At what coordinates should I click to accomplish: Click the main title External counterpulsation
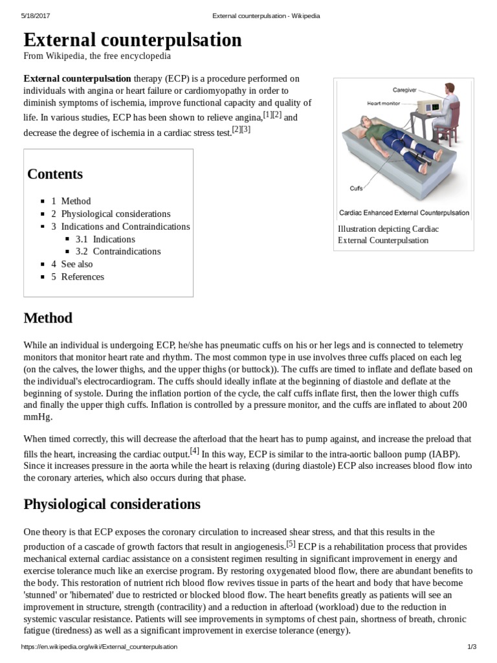click(x=133, y=40)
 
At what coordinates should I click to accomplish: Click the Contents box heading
click(x=55, y=174)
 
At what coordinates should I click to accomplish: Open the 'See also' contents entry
click(x=76, y=264)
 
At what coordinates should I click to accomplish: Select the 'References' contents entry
click(x=82, y=276)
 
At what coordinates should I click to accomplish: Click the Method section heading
click(x=48, y=318)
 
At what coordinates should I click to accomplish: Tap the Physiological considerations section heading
click(x=112, y=504)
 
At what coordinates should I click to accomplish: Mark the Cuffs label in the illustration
click(x=356, y=188)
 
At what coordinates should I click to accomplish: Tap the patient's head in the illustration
click(x=367, y=120)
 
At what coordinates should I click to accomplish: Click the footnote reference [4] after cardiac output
click(x=194, y=451)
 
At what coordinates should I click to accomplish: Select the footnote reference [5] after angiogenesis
click(x=291, y=544)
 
